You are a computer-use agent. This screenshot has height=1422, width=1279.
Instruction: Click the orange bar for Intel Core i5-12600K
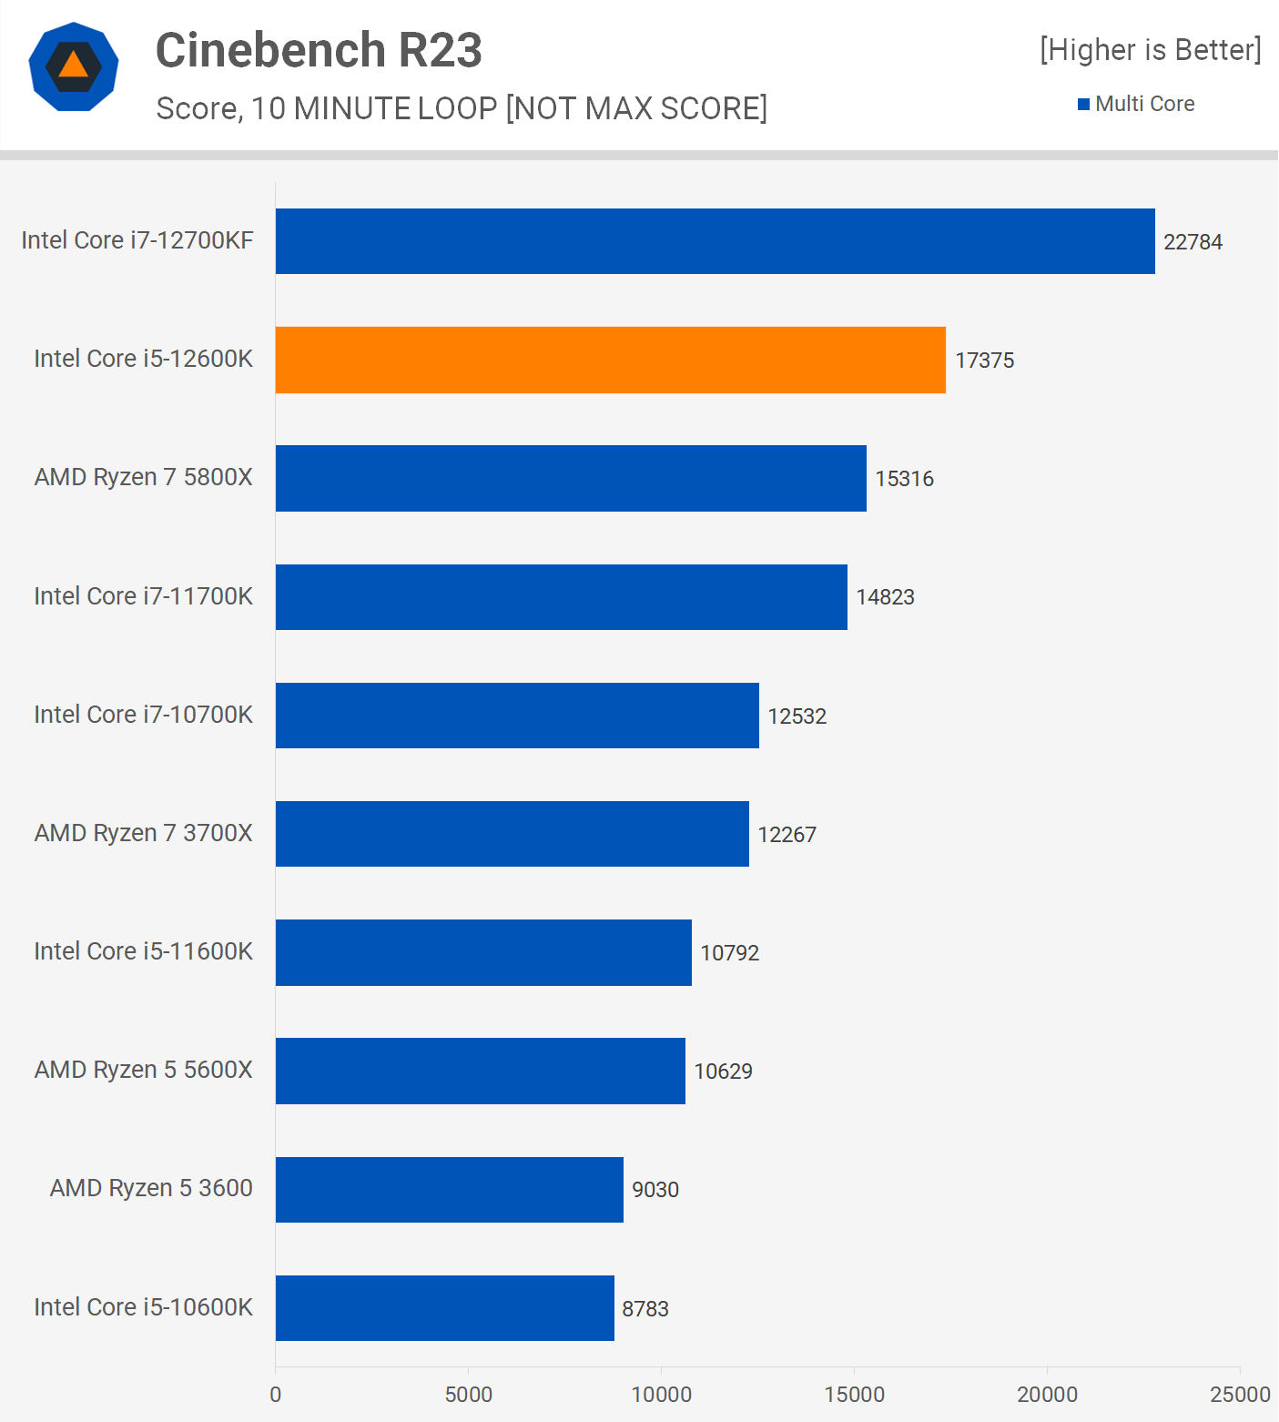pos(610,360)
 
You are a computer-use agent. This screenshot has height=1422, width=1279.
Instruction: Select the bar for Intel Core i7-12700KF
pos(715,241)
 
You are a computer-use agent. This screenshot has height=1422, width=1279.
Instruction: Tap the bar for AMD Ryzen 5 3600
pos(449,1189)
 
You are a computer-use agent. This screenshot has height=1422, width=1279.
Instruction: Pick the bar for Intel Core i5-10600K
pos(444,1307)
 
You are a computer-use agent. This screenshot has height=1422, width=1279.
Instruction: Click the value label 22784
pos(1193,242)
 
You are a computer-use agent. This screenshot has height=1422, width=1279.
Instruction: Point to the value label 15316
pos(904,479)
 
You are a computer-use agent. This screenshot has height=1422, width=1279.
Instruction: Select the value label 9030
pos(655,1190)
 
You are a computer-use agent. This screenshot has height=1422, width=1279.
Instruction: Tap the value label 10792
pos(729,953)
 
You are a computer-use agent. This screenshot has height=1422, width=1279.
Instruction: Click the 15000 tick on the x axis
pos(854,1394)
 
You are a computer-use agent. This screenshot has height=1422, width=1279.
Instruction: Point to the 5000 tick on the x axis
pos(468,1394)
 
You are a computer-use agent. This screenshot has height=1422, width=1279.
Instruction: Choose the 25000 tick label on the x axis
pos(1239,1394)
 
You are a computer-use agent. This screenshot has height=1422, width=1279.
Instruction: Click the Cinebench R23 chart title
pos(319,50)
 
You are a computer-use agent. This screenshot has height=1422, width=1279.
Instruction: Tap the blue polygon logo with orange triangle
pos(74,66)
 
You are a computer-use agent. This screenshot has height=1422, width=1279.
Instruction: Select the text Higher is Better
pos(1151,50)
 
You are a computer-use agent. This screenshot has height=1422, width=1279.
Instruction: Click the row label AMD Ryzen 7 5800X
pos(143,477)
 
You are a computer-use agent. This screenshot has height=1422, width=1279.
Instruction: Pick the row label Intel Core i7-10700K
pos(143,715)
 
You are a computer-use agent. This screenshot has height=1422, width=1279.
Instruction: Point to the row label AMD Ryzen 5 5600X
pos(143,1070)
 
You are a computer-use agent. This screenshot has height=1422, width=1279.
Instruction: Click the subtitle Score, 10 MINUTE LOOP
pos(462,108)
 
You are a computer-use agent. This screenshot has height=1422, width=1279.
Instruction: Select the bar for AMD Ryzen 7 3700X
pos(512,834)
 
